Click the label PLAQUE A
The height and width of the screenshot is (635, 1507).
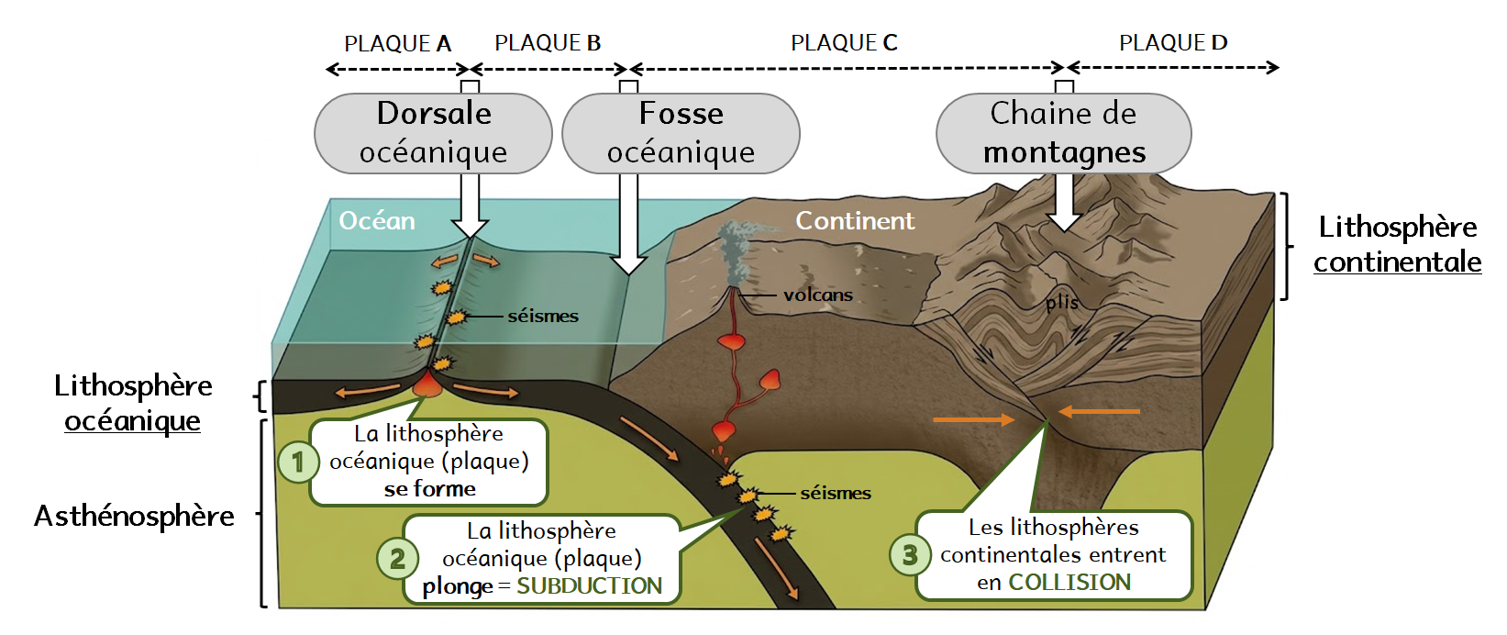[397, 43]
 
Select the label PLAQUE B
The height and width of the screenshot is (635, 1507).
[548, 43]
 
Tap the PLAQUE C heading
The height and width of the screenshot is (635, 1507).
[844, 43]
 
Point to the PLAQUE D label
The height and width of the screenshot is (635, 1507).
[1173, 43]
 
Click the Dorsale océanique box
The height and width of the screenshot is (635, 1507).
[433, 133]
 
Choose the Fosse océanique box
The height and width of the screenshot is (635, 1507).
[681, 133]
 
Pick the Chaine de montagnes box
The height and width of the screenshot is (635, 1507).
[1063, 133]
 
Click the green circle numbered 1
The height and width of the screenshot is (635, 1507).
[298, 462]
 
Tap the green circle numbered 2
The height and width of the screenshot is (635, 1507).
[397, 558]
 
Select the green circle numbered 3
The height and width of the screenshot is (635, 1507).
[910, 555]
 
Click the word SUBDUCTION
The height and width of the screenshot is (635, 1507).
[589, 586]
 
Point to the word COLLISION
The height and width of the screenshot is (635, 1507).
[1069, 583]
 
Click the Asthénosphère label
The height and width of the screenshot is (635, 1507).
[134, 517]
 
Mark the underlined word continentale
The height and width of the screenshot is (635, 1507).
[1397, 262]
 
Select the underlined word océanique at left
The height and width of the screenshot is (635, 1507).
[132, 421]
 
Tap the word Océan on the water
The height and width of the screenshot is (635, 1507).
[377, 221]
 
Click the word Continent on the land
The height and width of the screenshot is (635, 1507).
[854, 221]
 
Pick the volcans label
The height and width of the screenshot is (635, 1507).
[817, 295]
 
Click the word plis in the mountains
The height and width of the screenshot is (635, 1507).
[1062, 302]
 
